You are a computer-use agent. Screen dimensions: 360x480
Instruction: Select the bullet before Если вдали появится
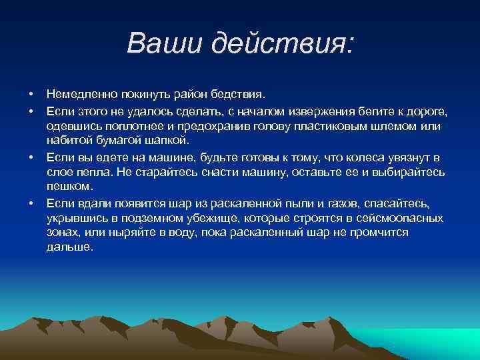tap(31, 203)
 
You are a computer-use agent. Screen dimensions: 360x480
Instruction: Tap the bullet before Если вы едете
tap(31, 157)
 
